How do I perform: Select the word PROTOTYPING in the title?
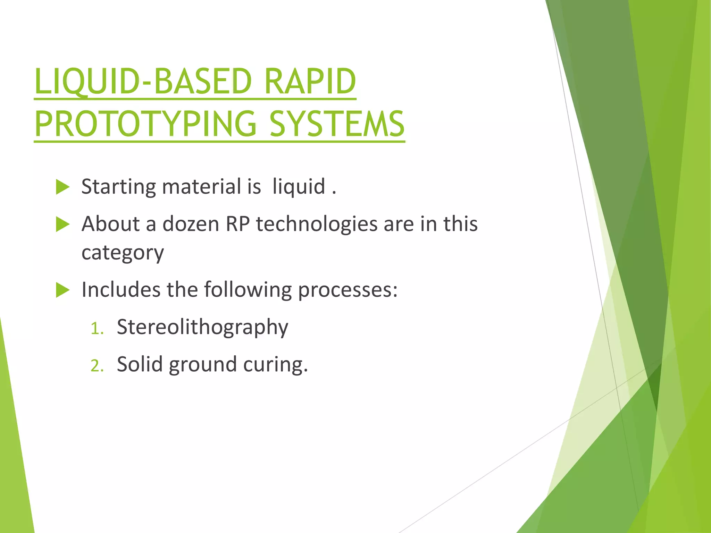point(145,124)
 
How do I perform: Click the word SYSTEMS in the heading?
point(337,124)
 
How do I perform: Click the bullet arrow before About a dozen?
point(62,224)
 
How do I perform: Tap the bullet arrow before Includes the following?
point(62,290)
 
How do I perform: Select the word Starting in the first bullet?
point(118,187)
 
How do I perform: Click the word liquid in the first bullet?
point(299,186)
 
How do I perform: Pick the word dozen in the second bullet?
point(191,224)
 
